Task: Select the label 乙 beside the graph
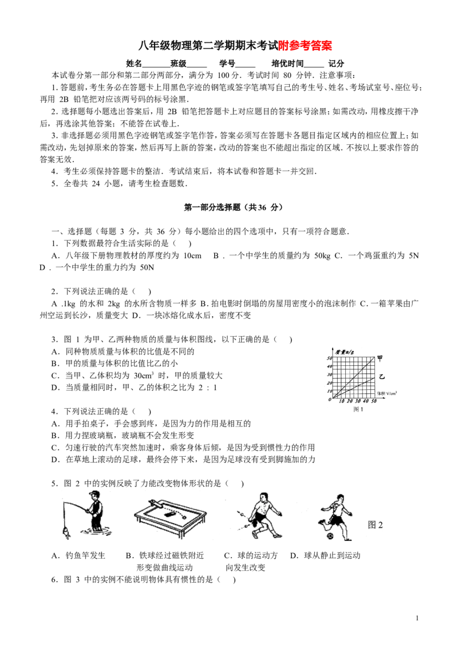(382, 377)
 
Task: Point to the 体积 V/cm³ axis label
(386, 393)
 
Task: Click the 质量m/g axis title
(345, 351)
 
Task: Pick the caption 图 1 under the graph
(358, 409)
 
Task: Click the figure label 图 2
(376, 525)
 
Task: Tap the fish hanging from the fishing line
(65, 533)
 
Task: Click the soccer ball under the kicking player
(330, 536)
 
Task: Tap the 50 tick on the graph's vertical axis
(329, 358)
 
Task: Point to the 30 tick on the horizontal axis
(357, 401)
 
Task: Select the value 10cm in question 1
(192, 256)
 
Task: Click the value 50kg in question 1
(322, 256)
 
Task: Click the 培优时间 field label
(287, 63)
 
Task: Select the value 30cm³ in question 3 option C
(144, 376)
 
